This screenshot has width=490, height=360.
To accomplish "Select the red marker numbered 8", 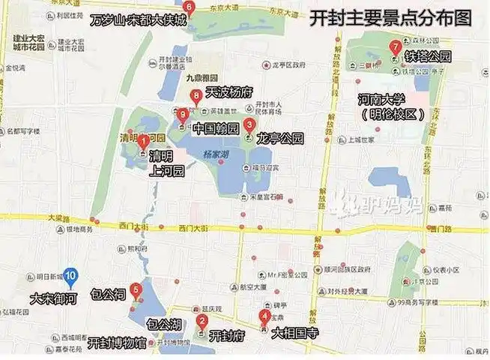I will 196,96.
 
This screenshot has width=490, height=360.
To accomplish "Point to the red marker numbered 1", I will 142,138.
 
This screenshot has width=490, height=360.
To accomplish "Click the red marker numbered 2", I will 202,322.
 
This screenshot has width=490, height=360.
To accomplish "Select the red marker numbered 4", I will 264,316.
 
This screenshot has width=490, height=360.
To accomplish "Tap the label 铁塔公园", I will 429,56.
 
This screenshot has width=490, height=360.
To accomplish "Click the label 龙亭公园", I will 279,138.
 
